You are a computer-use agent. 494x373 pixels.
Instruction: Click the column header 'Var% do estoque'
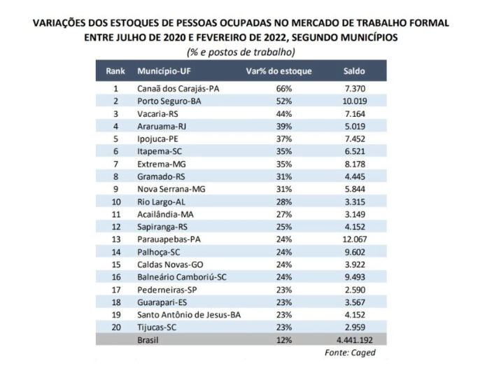tap(279, 71)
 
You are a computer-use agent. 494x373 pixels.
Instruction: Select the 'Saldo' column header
tap(353, 71)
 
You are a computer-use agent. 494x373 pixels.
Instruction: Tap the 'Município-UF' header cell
tap(166, 71)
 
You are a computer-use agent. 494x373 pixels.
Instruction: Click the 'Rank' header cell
tap(115, 71)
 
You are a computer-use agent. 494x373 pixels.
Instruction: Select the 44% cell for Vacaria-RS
tap(283, 113)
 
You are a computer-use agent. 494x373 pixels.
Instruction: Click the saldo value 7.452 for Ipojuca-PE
tap(355, 139)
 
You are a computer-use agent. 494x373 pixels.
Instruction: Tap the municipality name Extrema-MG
tap(160, 163)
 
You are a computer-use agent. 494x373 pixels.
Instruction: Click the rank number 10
tap(115, 200)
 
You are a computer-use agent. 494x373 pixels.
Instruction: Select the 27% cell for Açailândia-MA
tap(283, 213)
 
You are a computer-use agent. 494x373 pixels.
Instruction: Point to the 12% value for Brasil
tap(283, 339)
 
